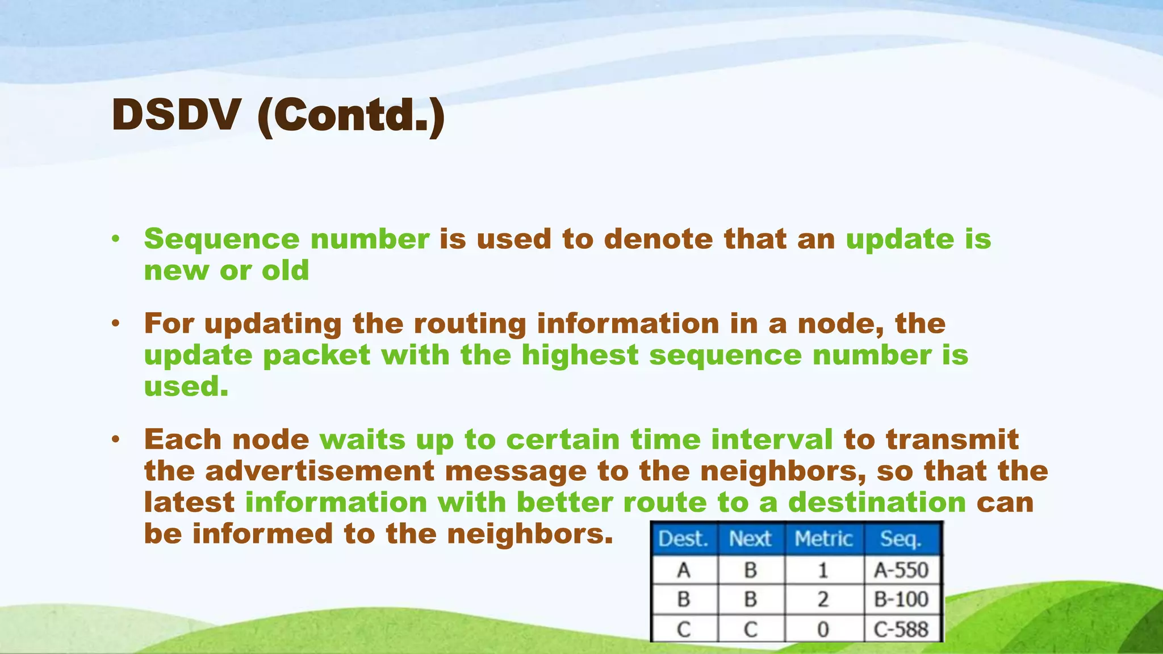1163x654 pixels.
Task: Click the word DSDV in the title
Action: click(x=175, y=115)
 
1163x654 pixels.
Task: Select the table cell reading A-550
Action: click(x=901, y=570)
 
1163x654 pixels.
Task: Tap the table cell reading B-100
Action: click(x=901, y=599)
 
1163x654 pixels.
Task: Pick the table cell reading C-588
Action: click(x=901, y=629)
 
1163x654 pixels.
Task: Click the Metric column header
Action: click(x=823, y=539)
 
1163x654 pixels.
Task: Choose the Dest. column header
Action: click(x=683, y=539)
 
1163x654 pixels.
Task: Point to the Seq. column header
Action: click(x=901, y=539)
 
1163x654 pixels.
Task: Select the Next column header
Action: click(x=750, y=539)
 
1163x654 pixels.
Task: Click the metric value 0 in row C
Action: click(x=823, y=629)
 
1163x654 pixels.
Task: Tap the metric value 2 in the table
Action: click(x=823, y=599)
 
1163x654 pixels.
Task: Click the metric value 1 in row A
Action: click(x=823, y=570)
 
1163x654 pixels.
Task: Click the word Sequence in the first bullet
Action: click(x=221, y=240)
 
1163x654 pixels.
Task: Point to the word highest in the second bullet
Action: click(x=580, y=355)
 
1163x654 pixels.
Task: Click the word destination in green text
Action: click(x=877, y=502)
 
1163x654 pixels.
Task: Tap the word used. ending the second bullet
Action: click(x=186, y=387)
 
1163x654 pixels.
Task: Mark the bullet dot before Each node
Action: click(x=116, y=439)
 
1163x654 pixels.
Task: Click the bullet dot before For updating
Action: click(x=116, y=324)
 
